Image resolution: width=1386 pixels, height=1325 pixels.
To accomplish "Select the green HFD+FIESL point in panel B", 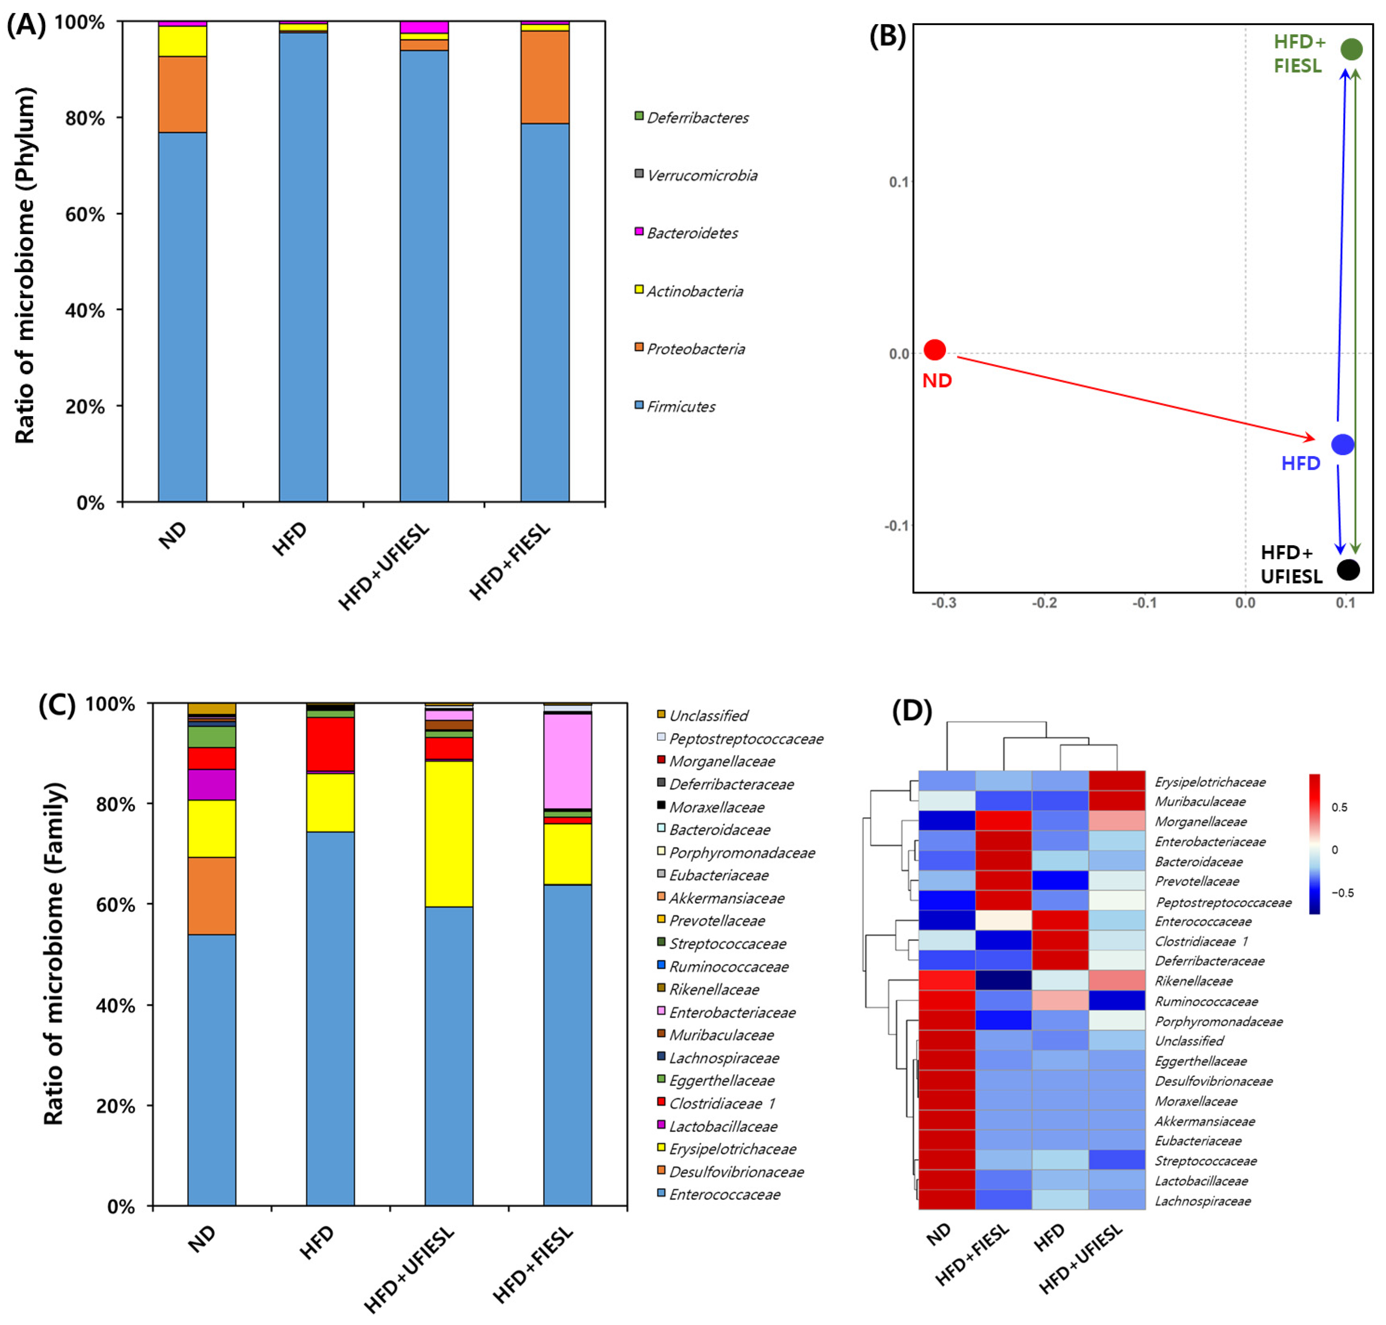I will (x=1351, y=49).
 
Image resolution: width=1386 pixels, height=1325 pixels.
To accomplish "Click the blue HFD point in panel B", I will (x=1342, y=444).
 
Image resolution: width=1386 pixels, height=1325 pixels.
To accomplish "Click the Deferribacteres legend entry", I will (x=697, y=117).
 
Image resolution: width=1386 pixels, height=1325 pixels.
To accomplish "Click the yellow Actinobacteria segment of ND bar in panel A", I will (x=182, y=41).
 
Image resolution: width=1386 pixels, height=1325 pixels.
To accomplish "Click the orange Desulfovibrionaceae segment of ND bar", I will (x=211, y=895).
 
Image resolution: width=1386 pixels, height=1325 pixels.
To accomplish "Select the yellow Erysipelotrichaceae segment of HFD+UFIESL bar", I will (x=448, y=833).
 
